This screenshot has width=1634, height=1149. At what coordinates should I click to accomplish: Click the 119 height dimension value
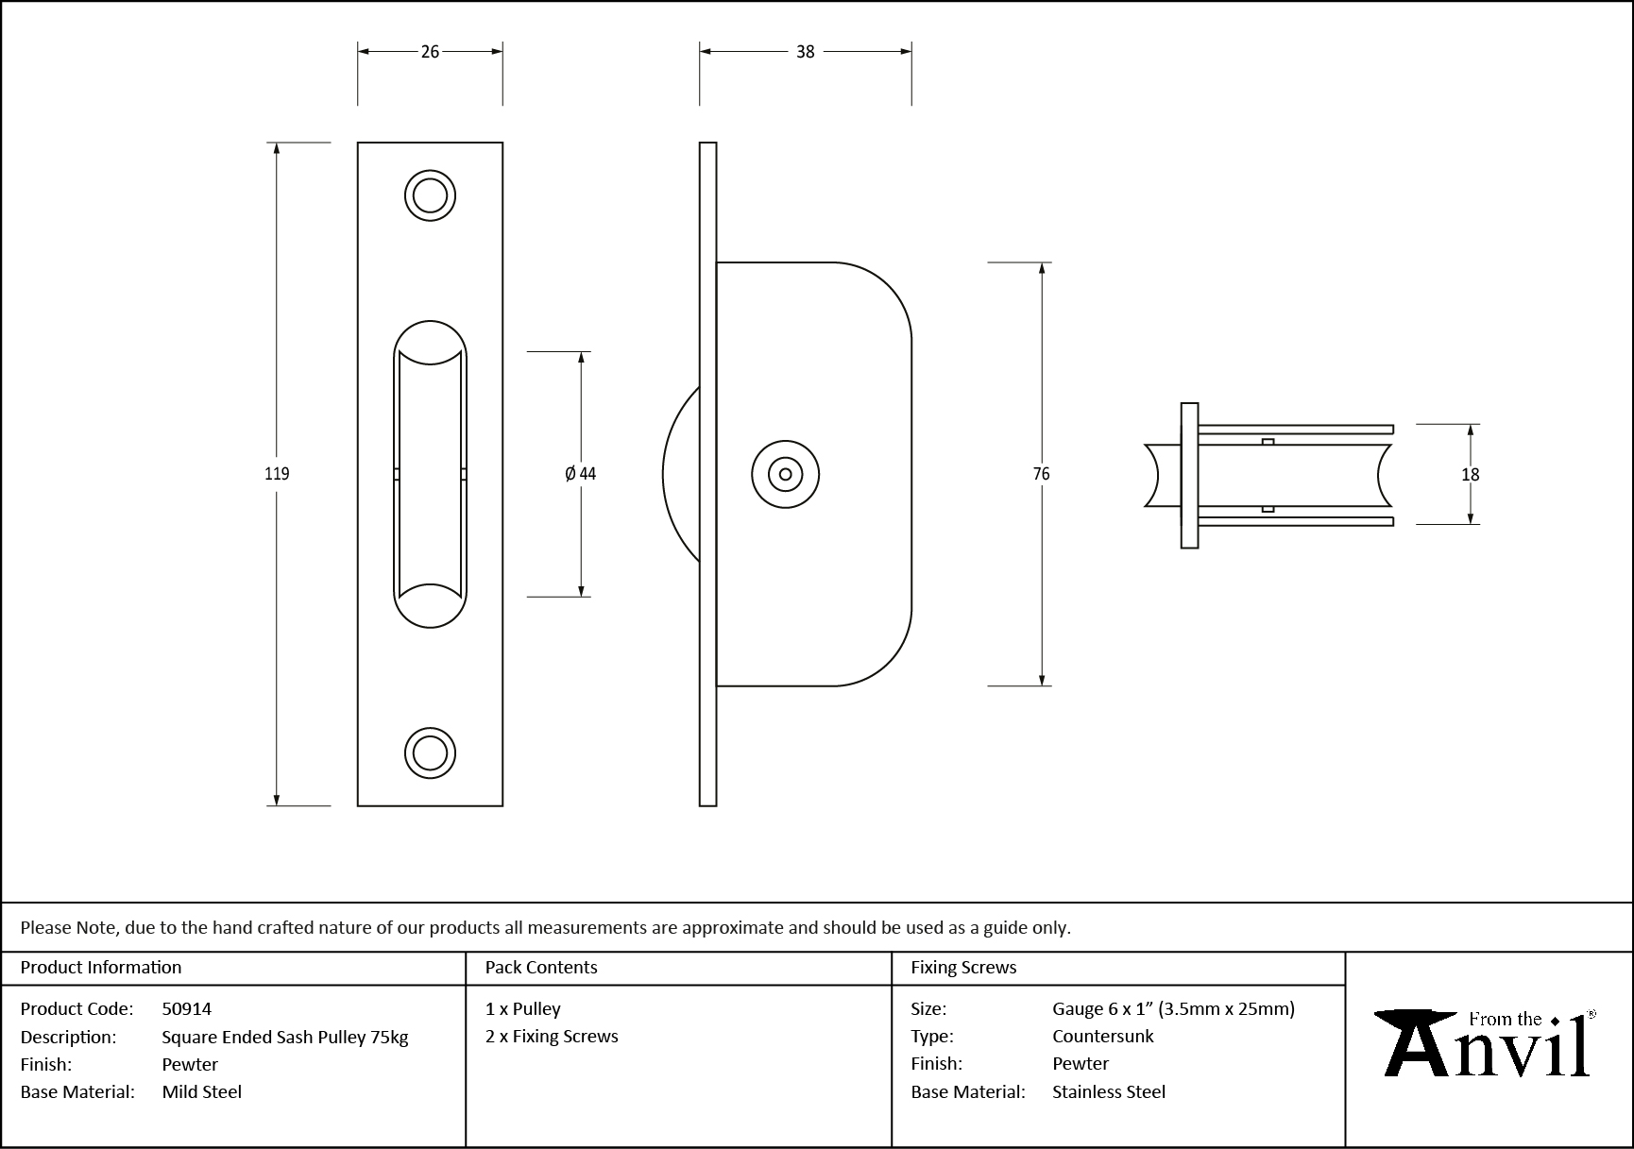click(277, 474)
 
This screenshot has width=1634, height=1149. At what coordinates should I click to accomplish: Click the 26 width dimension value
click(430, 52)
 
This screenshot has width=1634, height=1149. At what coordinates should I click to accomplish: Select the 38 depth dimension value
click(805, 52)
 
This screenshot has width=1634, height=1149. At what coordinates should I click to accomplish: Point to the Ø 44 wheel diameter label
click(581, 474)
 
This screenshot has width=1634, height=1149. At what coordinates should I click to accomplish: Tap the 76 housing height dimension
click(1041, 474)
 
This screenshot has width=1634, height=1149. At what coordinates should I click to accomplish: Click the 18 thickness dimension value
click(1470, 475)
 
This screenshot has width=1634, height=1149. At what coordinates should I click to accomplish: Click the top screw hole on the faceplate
click(430, 196)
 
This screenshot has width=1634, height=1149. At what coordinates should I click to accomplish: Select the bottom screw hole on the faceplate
click(430, 753)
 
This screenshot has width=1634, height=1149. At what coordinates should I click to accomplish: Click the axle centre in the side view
click(785, 474)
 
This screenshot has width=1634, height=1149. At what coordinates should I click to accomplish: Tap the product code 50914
click(187, 1008)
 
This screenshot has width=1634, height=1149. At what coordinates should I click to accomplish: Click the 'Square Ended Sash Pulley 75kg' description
click(284, 1037)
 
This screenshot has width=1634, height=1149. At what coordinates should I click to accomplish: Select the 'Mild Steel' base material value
click(201, 1091)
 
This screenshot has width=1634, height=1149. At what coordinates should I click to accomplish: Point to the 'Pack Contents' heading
click(541, 967)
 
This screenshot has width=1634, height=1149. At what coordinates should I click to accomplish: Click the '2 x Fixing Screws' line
click(552, 1036)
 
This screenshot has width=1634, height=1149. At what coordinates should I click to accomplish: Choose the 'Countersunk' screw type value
click(1102, 1036)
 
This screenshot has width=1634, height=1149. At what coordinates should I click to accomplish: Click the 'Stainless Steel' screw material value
click(1109, 1091)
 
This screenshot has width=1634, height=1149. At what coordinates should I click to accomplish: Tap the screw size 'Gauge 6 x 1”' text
click(1103, 1008)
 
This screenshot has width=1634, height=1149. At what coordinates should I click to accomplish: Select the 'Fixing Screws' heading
click(963, 967)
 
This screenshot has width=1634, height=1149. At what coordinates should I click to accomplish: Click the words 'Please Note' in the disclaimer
click(69, 927)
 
